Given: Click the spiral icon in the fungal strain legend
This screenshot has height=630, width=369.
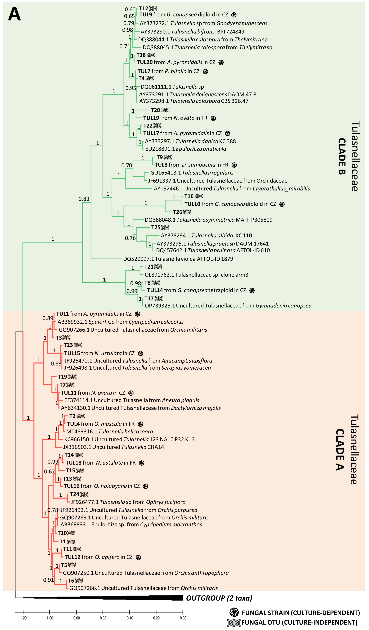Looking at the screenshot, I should [234, 612].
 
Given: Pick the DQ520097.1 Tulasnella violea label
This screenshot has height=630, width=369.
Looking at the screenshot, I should [178, 259].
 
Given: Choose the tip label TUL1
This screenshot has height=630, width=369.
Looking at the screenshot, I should [62, 314].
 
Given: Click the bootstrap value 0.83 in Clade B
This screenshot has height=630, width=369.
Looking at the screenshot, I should [84, 199].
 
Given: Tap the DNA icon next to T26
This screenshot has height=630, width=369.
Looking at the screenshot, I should [187, 212].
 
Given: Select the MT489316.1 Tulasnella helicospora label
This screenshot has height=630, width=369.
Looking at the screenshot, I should [110, 432].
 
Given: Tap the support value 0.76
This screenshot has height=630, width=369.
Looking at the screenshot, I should [130, 238].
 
